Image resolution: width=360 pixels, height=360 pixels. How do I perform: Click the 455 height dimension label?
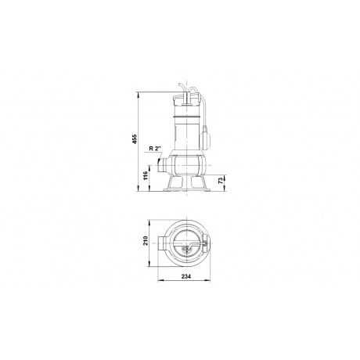pos(134,139)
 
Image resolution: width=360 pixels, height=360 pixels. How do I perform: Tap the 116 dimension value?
pos(146,176)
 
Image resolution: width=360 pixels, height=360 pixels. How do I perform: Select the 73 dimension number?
pos(221,181)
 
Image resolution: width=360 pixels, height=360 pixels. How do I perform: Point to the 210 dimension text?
pos(146,240)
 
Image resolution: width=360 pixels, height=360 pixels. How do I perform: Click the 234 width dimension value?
pos(186,276)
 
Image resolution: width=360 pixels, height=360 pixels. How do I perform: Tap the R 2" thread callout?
pos(155,149)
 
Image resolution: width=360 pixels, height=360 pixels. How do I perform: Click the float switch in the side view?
pos(205,136)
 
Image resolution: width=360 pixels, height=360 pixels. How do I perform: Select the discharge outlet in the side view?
pos(162,165)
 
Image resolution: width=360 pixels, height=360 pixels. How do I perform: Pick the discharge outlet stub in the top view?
pos(162,243)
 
